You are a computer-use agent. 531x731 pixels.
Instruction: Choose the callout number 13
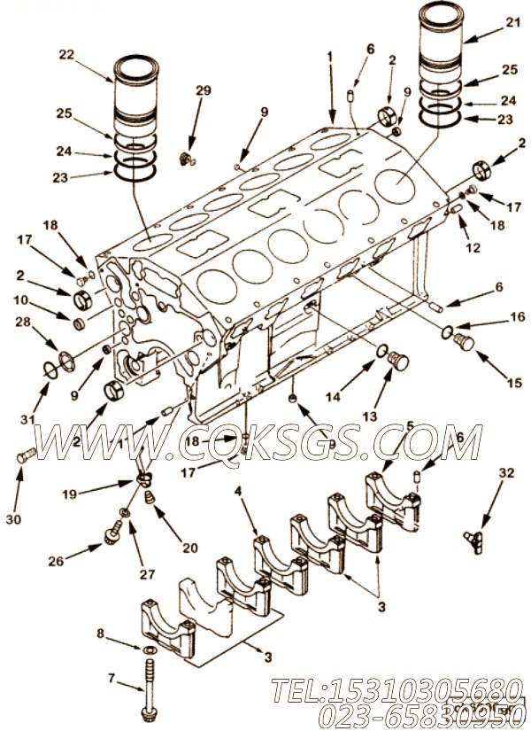tap(370, 415)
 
